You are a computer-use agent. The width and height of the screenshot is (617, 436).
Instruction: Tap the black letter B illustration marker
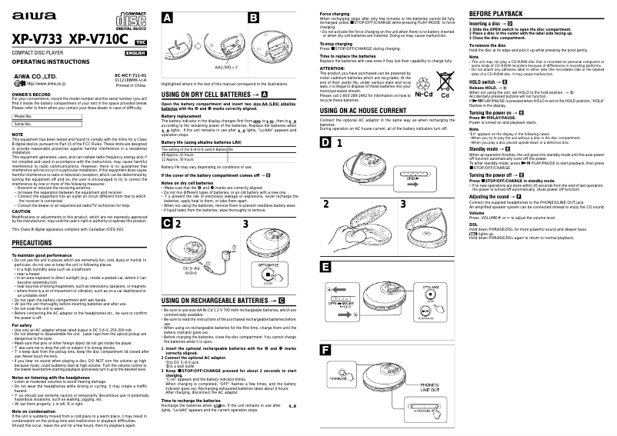[x=253, y=17]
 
